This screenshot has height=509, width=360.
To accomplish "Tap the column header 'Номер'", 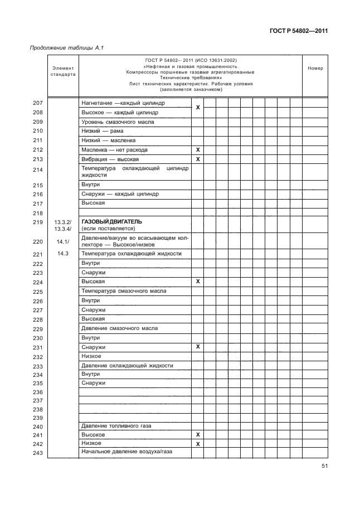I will point(315,69).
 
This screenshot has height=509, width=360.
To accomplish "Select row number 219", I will point(38,222).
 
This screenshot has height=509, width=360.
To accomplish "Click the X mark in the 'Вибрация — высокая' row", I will point(197,159).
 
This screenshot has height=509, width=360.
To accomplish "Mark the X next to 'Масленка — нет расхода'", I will point(197,150).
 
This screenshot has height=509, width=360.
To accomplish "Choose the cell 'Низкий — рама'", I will point(101,131).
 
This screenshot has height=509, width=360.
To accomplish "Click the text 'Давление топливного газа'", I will point(116,425).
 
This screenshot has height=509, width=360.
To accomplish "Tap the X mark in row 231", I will point(197,347).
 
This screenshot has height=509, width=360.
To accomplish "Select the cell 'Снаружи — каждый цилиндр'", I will point(120,194).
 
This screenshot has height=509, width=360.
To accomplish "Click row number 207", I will point(38,104).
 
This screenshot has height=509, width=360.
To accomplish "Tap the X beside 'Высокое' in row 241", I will point(197,434).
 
